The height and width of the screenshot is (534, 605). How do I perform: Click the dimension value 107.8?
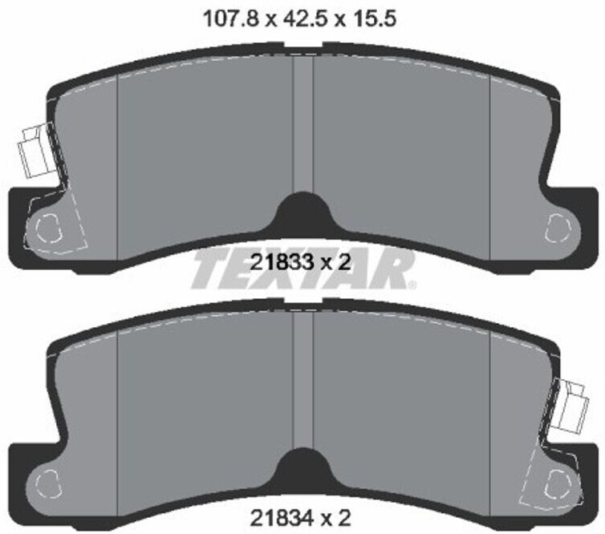[230, 18]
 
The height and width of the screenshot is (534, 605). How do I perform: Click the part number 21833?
[282, 262]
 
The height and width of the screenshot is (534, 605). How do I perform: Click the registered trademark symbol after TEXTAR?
[412, 285]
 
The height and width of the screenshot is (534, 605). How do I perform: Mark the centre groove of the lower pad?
[303, 380]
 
